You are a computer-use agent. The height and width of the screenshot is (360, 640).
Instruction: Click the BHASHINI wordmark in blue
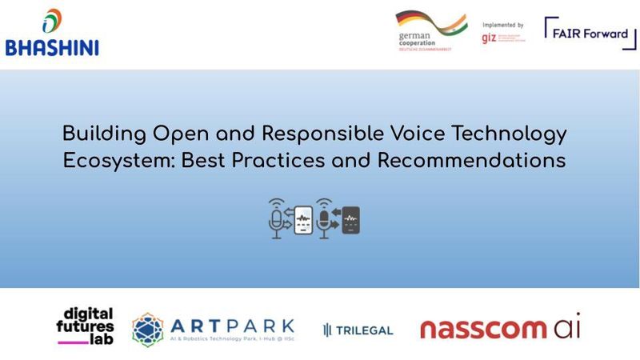pyautogui.click(x=52, y=47)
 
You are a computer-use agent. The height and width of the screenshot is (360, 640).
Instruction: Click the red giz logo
pyautogui.click(x=491, y=37)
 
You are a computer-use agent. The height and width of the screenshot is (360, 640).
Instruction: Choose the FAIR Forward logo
pyautogui.click(x=590, y=31)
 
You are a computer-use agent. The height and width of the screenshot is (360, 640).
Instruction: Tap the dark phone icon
pyautogui.click(x=350, y=220)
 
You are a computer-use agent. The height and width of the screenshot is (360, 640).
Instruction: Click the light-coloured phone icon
pyautogui.click(x=302, y=220)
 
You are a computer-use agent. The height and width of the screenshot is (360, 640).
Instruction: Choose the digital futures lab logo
pyautogui.click(x=86, y=325)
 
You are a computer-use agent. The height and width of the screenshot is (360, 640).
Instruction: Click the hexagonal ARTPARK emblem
pyautogui.click(x=149, y=329)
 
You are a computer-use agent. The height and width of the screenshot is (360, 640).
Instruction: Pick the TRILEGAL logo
pyautogui.click(x=358, y=330)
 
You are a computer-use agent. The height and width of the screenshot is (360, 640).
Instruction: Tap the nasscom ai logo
pyautogui.click(x=500, y=327)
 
